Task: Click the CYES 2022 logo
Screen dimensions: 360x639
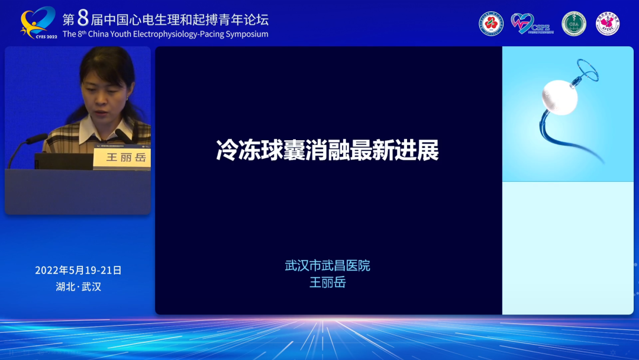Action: coord(38,22)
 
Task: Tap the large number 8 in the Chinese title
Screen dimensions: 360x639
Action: coord(83,18)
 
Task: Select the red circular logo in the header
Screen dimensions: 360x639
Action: coord(490,24)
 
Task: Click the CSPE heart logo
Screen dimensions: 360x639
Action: coord(530,24)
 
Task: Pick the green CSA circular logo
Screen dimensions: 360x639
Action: coord(573,24)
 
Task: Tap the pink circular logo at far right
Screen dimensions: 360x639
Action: coord(608,24)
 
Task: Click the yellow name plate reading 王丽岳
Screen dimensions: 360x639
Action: coord(122,157)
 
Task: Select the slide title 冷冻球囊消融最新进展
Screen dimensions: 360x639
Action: coord(327,150)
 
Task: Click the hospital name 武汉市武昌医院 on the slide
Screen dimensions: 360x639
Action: coord(327,266)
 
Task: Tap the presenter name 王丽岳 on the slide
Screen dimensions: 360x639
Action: coord(327,282)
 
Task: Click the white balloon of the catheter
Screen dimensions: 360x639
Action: coord(559,97)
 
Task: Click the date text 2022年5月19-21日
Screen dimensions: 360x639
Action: coord(78,270)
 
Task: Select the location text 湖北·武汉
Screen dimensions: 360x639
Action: coord(78,287)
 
